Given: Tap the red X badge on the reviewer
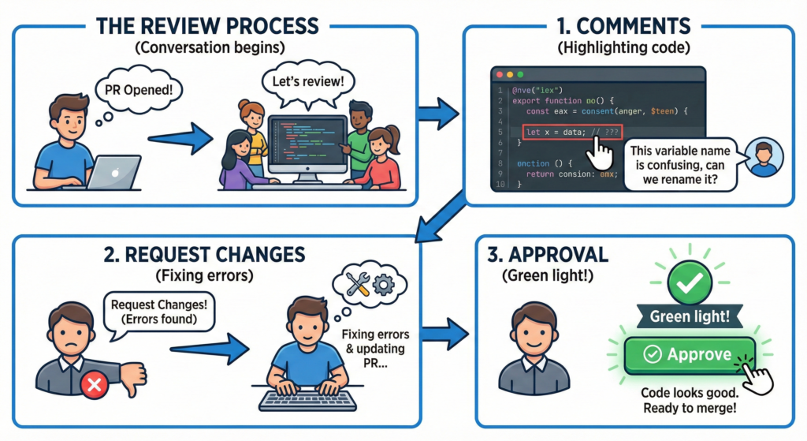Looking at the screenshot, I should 94,384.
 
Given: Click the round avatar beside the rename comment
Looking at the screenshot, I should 763,157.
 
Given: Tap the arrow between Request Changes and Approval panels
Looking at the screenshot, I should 446,326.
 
